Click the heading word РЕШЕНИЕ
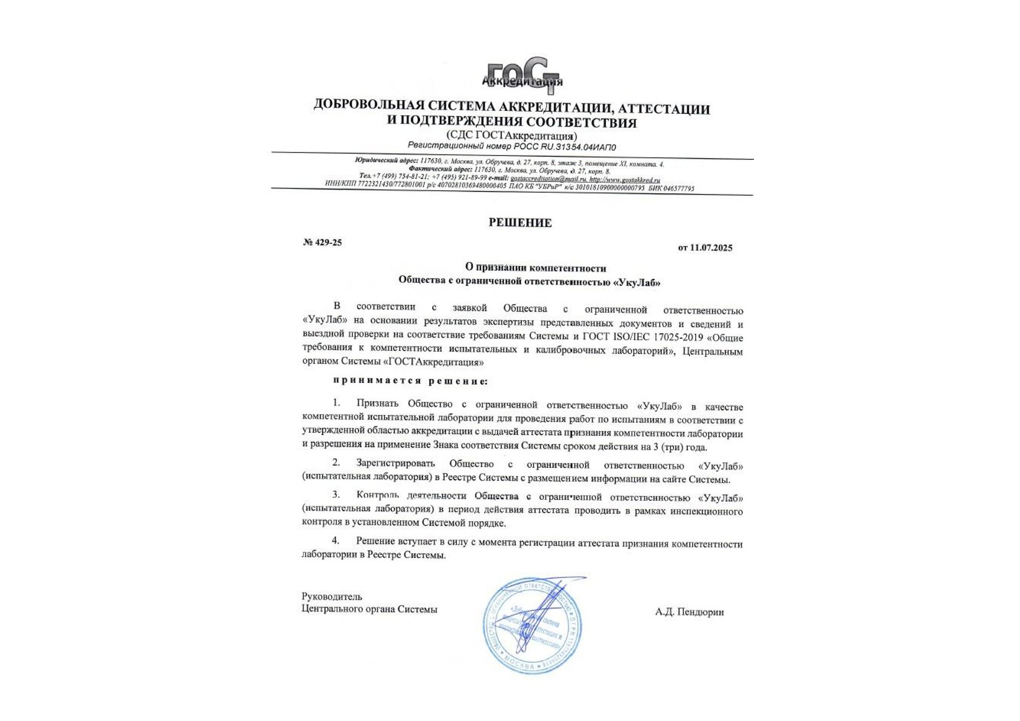click(x=520, y=223)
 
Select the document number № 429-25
click(x=322, y=242)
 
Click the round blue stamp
click(x=532, y=626)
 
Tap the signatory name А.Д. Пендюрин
click(x=689, y=612)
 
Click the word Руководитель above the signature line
click(x=332, y=597)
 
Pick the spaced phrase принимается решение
click(x=410, y=381)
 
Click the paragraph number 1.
click(x=336, y=403)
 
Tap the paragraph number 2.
click(x=336, y=463)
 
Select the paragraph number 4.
click(x=336, y=540)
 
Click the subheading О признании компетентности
click(x=536, y=268)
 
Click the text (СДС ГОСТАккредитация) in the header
click(x=512, y=136)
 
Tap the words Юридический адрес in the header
click(x=378, y=160)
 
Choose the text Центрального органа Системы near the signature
click(x=369, y=610)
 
